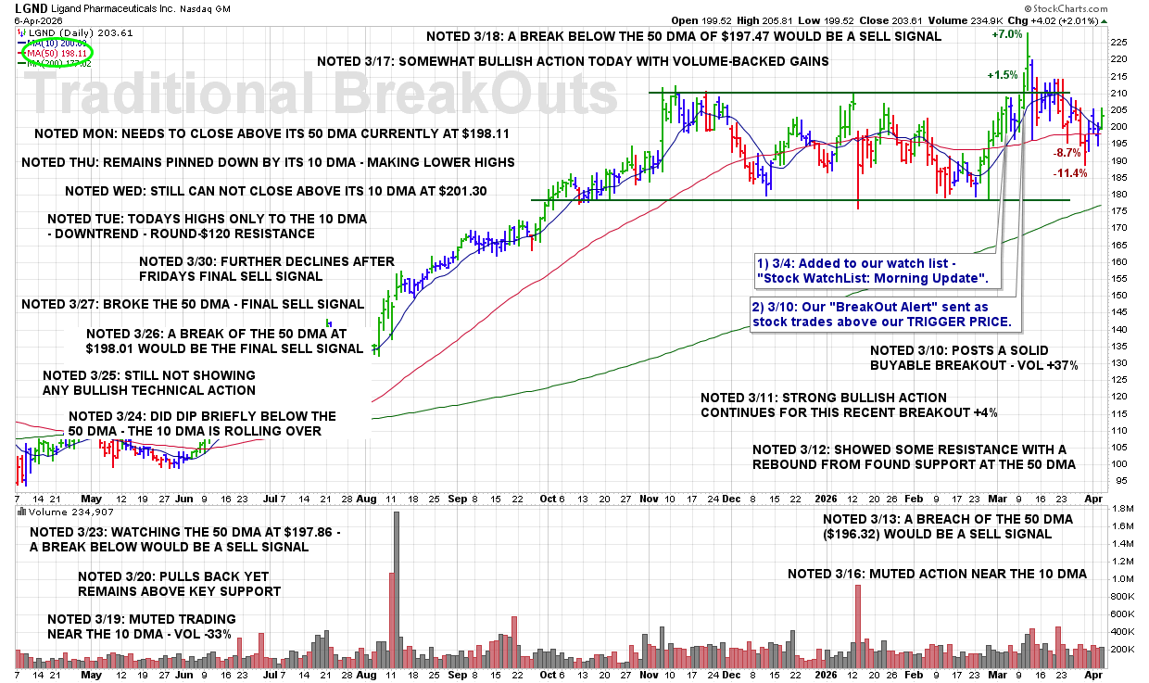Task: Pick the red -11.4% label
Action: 1070,173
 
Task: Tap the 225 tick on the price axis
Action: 1119,42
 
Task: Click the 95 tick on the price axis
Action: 1117,480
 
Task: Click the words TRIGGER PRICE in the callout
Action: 962,323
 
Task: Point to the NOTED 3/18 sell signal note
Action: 683,36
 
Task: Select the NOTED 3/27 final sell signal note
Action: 193,304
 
